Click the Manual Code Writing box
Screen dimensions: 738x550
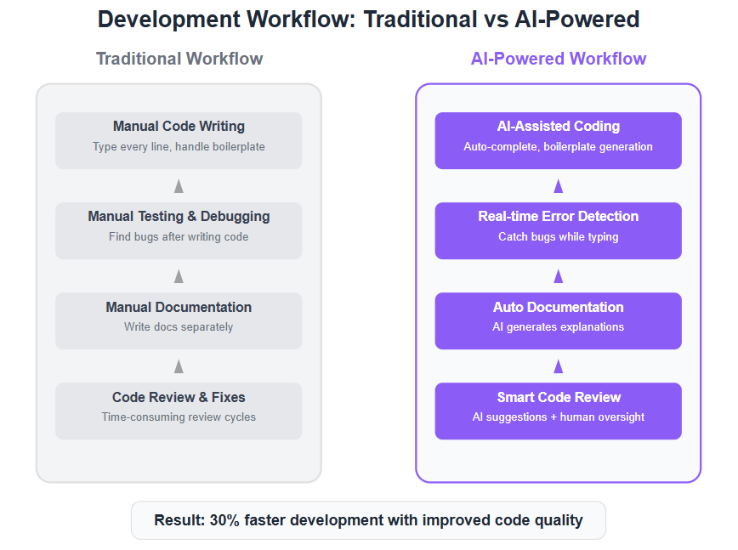179,140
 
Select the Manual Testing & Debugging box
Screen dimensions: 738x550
179,230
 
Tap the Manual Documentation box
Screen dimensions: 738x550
179,320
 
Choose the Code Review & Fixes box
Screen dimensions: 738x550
179,411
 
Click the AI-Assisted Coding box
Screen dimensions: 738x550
559,140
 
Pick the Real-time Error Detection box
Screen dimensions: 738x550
559,230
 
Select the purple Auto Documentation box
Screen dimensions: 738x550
559,320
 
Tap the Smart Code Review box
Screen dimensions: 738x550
559,411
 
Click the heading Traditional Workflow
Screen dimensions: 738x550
179,59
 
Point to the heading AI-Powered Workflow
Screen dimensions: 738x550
559,59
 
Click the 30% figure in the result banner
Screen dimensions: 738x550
224,520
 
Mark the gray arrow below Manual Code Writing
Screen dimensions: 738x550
179,186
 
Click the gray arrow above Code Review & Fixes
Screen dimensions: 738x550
179,366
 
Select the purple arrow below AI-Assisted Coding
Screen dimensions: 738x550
559,186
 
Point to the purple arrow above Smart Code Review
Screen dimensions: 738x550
559,366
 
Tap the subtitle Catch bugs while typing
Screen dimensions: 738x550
559,236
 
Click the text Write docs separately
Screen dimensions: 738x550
179,327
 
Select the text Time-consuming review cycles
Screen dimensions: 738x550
179,417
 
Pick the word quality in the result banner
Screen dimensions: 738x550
559,521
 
